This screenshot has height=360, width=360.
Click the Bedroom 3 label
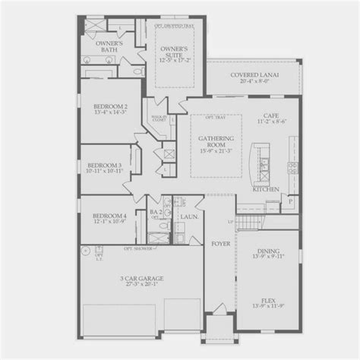point(106,165)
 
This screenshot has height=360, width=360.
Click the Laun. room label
point(188,216)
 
